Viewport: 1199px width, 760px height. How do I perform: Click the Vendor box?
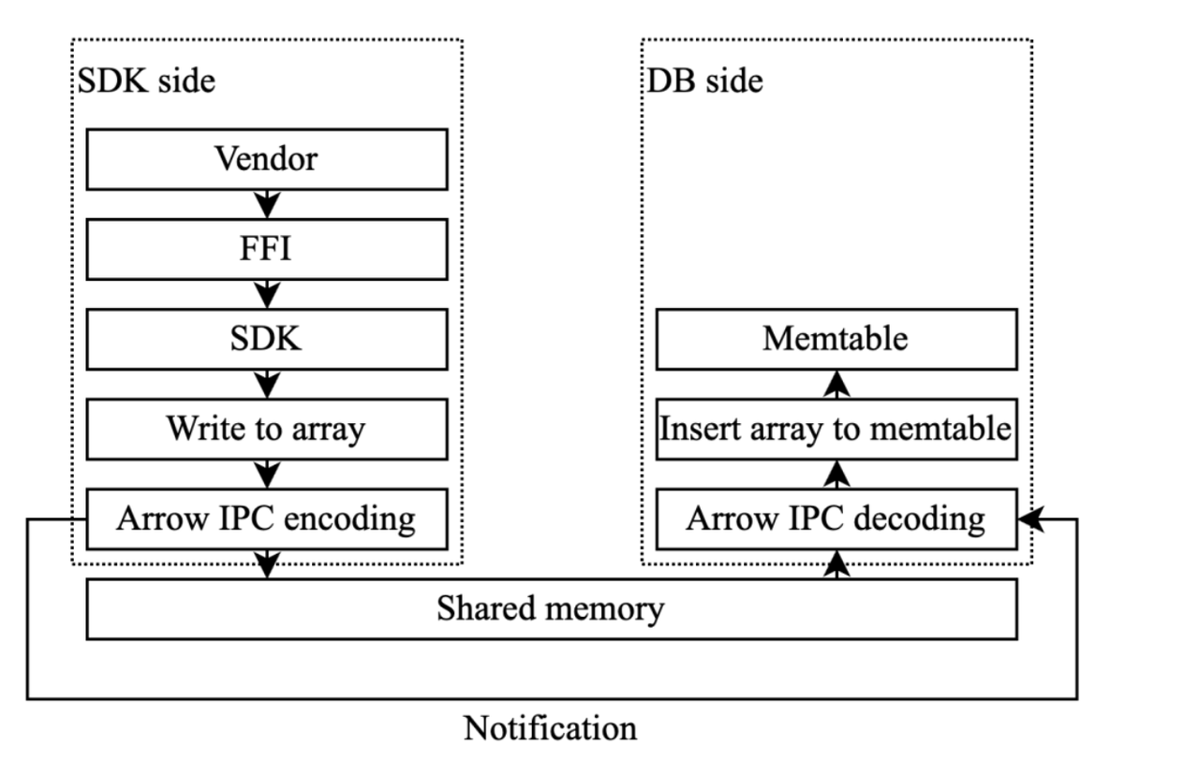(267, 158)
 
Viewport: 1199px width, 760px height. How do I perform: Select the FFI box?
(267, 249)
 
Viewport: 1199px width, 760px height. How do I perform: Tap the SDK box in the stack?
(267, 339)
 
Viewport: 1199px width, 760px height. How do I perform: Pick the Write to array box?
(267, 429)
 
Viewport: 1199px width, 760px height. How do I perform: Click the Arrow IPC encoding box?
(267, 519)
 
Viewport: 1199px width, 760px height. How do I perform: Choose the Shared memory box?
(551, 609)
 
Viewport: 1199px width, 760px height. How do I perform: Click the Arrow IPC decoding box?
(836, 519)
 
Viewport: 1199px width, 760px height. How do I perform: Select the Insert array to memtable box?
(836, 429)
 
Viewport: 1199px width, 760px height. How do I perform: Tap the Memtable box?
(836, 339)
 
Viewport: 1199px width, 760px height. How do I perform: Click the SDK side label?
(145, 80)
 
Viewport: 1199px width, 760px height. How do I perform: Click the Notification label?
(551, 727)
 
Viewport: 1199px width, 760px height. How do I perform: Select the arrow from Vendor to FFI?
(268, 203)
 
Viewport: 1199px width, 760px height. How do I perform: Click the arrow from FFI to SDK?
(268, 294)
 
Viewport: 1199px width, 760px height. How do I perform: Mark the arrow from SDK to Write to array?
(268, 384)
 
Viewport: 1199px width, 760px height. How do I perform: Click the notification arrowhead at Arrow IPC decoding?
(1031, 519)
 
